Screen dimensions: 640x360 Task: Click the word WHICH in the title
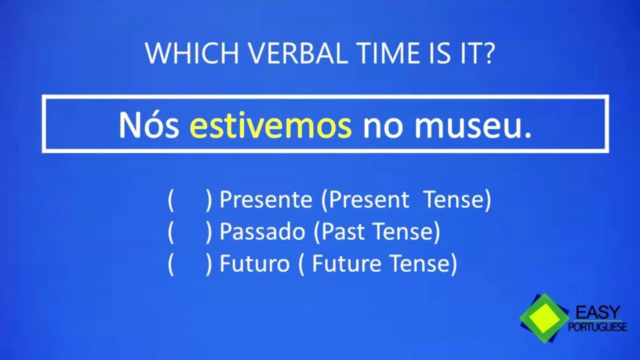pyautogui.click(x=192, y=53)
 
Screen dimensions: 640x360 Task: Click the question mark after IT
pyautogui.click(x=487, y=53)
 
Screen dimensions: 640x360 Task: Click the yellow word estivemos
pyautogui.click(x=270, y=125)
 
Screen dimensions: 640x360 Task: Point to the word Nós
pyautogui.click(x=149, y=125)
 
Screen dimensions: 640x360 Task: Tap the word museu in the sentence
pyautogui.click(x=469, y=128)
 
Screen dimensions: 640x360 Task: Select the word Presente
pyautogui.click(x=265, y=199)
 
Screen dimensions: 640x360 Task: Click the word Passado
pyautogui.click(x=262, y=231)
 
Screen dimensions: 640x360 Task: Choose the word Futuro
pyautogui.click(x=254, y=263)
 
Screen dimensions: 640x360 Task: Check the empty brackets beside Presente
pyautogui.click(x=190, y=200)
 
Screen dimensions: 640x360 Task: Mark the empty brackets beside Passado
pyautogui.click(x=190, y=232)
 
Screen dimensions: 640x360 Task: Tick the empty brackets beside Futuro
pyautogui.click(x=190, y=264)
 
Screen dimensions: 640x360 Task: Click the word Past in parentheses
pyautogui.click(x=343, y=231)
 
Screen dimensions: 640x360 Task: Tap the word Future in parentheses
pyautogui.click(x=346, y=263)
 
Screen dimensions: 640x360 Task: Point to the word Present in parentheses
pyautogui.click(x=369, y=199)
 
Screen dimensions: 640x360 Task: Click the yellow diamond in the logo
pyautogui.click(x=544, y=317)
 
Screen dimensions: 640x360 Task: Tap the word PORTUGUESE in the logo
pyautogui.click(x=597, y=327)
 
